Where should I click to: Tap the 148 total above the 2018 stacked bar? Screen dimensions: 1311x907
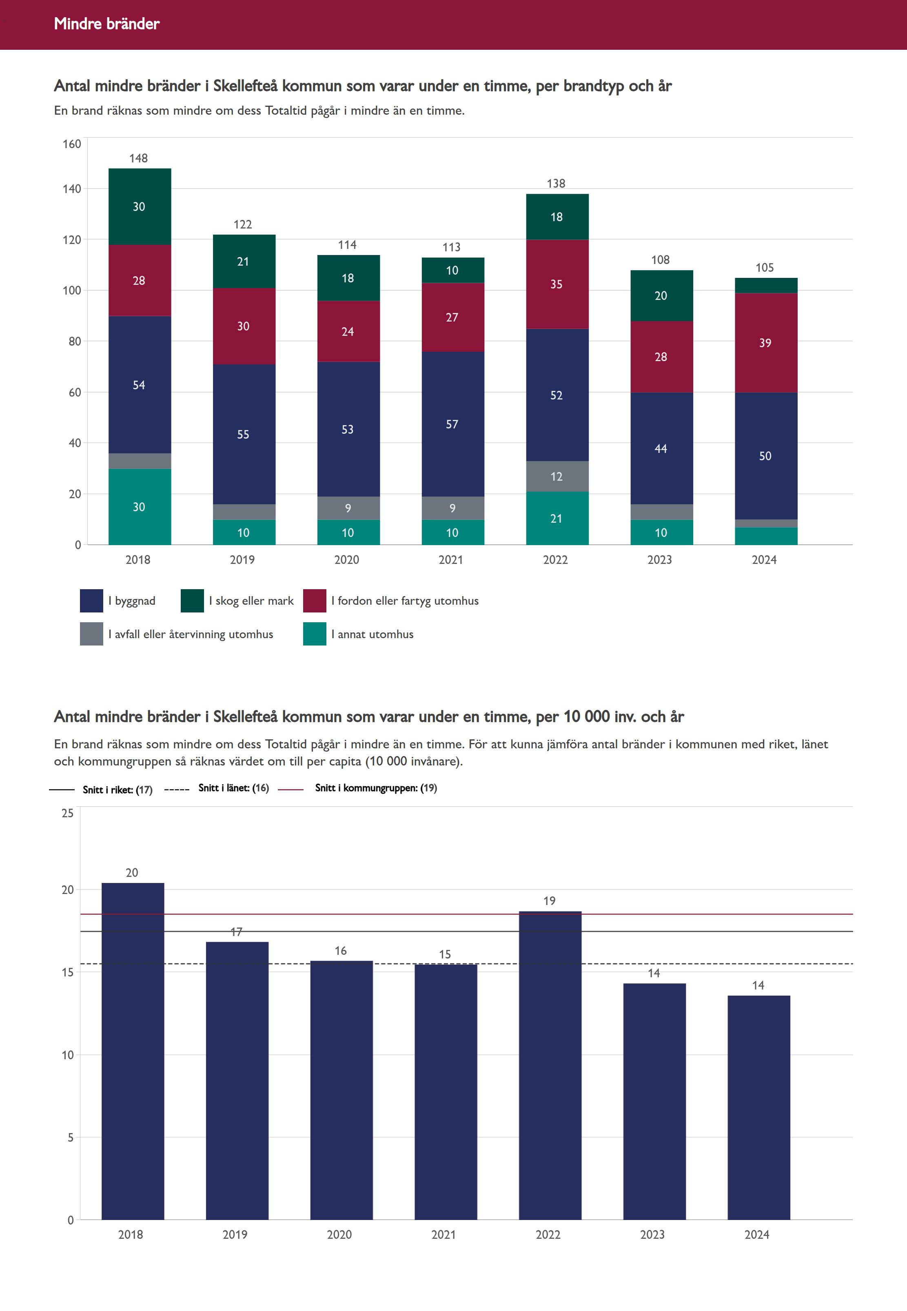click(139, 158)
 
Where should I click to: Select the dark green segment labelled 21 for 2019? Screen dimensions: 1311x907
click(243, 262)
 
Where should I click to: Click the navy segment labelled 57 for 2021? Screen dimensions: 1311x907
click(452, 424)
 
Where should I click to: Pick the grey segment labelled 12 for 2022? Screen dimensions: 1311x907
click(557, 476)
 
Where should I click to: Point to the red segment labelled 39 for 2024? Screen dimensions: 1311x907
click(765, 343)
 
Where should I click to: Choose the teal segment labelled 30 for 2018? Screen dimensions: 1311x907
click(139, 506)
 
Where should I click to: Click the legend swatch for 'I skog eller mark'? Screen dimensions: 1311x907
click(192, 601)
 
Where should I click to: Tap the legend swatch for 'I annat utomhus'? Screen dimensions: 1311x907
click(314, 634)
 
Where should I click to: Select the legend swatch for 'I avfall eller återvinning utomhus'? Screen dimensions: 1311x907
click(91, 634)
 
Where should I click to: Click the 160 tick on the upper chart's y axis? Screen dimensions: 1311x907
click(72, 144)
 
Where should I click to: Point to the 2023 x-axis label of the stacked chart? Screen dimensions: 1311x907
click(660, 560)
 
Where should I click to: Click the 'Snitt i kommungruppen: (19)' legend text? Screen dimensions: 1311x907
click(376, 787)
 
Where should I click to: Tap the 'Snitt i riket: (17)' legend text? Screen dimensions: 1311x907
click(118, 789)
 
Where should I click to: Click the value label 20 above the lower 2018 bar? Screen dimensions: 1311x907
click(132, 872)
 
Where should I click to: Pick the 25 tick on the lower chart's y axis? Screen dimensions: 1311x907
click(68, 813)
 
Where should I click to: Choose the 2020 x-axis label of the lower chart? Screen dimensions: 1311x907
click(339, 1234)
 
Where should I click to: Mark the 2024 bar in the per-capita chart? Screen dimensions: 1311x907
click(758, 1108)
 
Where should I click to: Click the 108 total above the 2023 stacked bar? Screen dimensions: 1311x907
click(660, 260)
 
